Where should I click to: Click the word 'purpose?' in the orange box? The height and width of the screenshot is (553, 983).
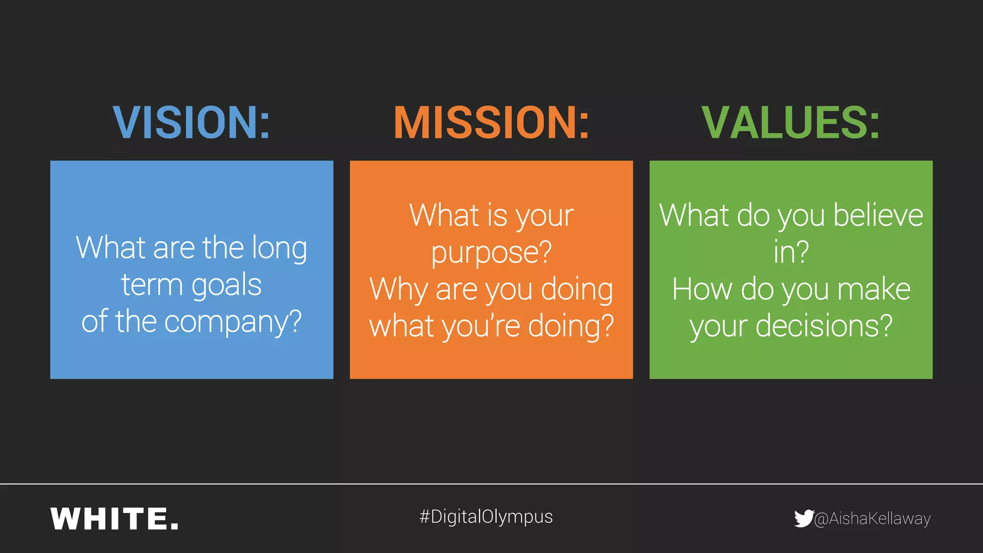tap(491, 253)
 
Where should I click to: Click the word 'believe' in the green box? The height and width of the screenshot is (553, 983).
tap(878, 215)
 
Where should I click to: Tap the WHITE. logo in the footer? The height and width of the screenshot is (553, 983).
tap(114, 519)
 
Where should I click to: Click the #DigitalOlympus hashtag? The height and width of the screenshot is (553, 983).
tap(486, 517)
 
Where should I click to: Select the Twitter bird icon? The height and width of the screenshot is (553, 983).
tap(803, 518)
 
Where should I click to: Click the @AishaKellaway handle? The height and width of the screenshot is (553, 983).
tap(872, 519)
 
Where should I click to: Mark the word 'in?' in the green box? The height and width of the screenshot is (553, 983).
tap(791, 252)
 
